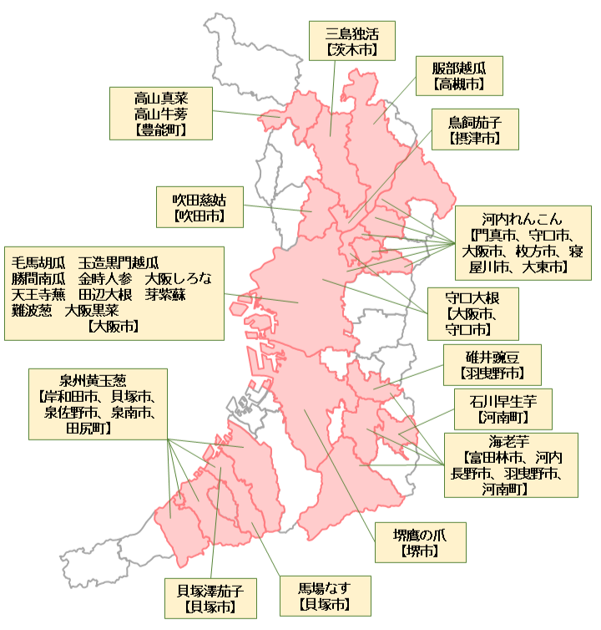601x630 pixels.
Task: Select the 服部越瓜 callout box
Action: point(457,75)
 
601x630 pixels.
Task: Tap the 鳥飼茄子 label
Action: point(474,128)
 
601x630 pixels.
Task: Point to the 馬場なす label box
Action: point(324,595)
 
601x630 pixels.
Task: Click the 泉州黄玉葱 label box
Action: point(98,404)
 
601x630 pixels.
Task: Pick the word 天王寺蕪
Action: point(38,294)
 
